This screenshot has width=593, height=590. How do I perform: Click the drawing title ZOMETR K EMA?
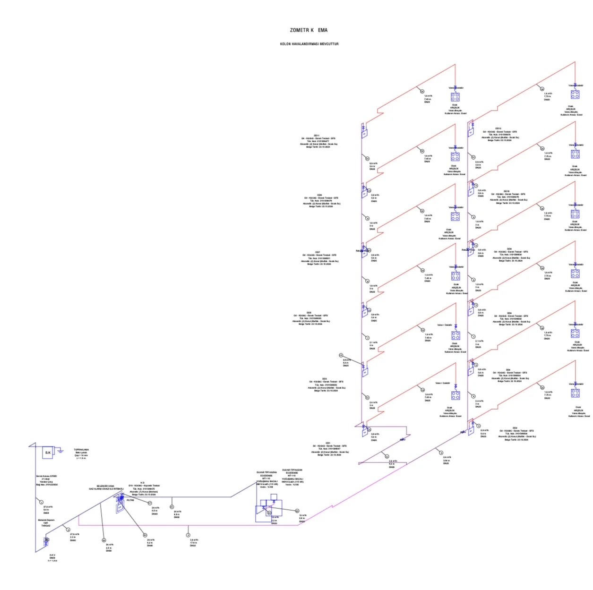pyautogui.click(x=309, y=30)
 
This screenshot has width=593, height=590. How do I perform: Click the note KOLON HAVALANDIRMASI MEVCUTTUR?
pyautogui.click(x=309, y=44)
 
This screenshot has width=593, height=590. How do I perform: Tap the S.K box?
pyautogui.click(x=48, y=453)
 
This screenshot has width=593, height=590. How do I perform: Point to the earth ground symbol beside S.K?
pyautogui.click(x=60, y=451)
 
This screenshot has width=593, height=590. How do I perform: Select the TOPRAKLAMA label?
pyautogui.click(x=81, y=450)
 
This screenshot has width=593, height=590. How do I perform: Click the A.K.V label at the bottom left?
pyautogui.click(x=52, y=555)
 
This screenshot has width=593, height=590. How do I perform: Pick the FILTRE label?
pyautogui.click(x=130, y=500)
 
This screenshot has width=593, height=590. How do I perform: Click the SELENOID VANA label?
pyautogui.click(x=105, y=486)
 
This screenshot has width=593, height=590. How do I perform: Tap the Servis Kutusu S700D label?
pyautogui.click(x=46, y=476)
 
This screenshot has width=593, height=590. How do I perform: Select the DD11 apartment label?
pyautogui.click(x=317, y=135)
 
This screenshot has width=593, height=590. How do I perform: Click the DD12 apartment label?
pyautogui.click(x=498, y=128)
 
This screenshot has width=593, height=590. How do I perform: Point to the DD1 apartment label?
pyautogui.click(x=328, y=443)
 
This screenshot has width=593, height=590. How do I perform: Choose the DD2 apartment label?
pyautogui.click(x=515, y=428)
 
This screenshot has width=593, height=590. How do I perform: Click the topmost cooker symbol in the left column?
pyautogui.click(x=455, y=97)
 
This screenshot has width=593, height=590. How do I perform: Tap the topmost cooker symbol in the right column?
pyautogui.click(x=575, y=94)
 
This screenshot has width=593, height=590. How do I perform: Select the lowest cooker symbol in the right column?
pyautogui.click(x=576, y=393)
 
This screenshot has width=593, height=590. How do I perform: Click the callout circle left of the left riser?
pyautogui.click(x=341, y=355)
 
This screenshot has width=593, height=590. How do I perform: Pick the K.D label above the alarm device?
pyautogui.click(x=142, y=483)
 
